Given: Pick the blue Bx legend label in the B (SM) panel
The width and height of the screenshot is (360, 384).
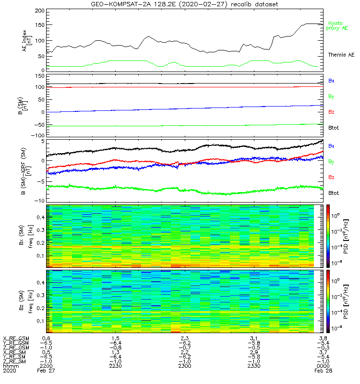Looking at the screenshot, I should (331, 81).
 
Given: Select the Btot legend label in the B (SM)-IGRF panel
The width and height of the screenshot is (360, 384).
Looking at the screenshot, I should (334, 192).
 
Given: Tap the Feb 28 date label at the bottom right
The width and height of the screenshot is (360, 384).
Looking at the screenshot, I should (322, 371).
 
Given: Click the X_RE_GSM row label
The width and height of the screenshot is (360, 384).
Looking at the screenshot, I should (16, 338).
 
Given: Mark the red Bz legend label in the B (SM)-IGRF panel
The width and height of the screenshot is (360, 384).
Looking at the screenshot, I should (331, 177).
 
